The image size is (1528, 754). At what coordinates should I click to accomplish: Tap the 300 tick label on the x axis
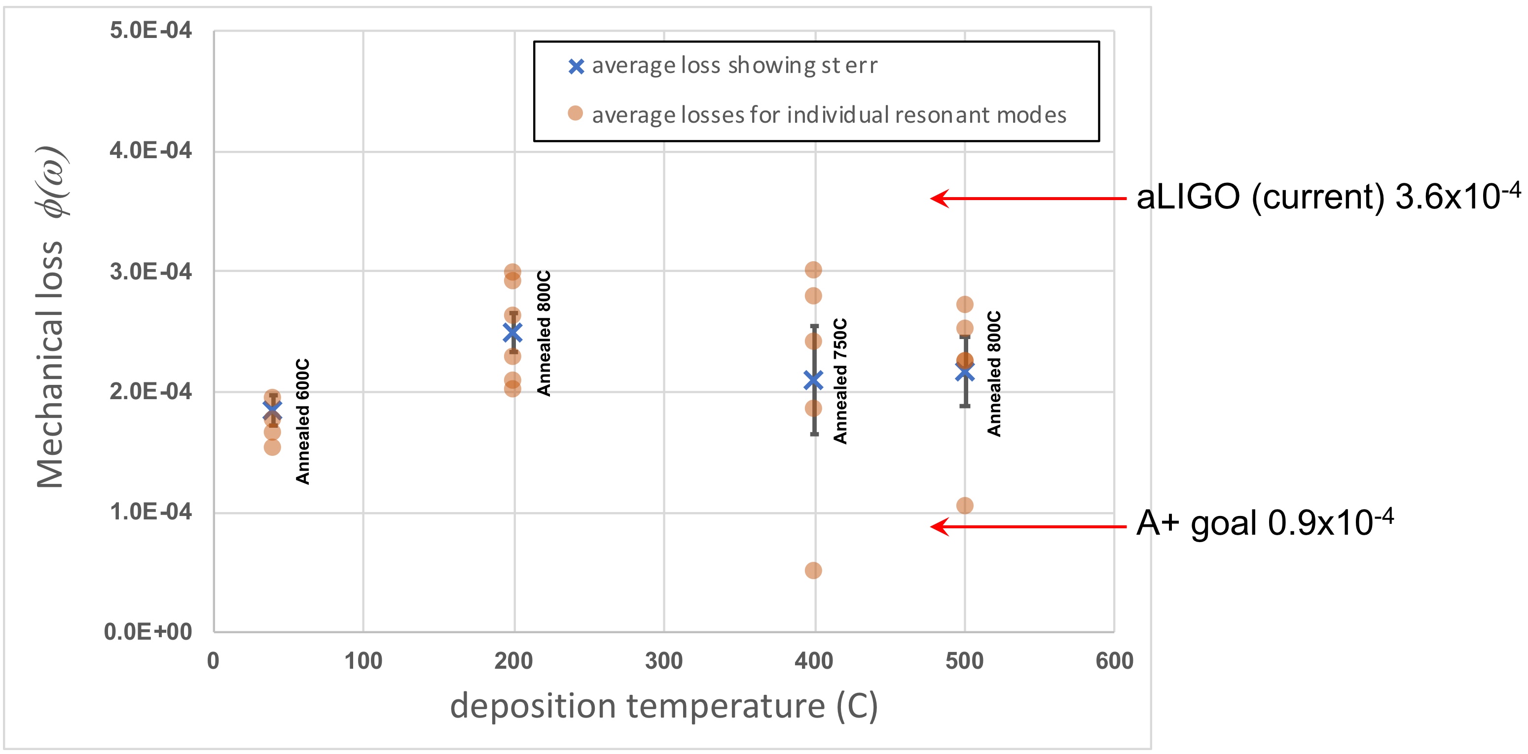(664, 661)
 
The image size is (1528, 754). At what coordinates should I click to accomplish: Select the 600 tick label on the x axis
(1114, 661)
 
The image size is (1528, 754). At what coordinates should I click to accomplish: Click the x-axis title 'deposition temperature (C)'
(664, 706)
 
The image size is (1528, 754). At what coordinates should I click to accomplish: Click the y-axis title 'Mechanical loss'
(51, 365)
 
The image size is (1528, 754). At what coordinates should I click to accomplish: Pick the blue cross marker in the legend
(576, 67)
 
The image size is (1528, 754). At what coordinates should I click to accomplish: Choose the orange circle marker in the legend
(575, 113)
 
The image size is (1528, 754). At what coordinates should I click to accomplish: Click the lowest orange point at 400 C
(813, 570)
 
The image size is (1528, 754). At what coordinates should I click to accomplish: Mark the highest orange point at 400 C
(813, 270)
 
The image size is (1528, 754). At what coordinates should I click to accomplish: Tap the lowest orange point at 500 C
(964, 506)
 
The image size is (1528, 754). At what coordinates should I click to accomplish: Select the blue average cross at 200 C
(512, 333)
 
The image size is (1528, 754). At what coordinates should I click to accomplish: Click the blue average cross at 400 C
(813, 380)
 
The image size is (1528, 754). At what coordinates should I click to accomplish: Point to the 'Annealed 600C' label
(302, 421)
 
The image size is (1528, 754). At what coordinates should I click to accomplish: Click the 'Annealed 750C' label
(840, 381)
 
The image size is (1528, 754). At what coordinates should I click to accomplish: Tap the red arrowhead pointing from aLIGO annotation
(939, 199)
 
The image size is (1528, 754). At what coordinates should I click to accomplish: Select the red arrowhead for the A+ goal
(939, 526)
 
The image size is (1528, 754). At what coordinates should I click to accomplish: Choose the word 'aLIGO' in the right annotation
(1188, 198)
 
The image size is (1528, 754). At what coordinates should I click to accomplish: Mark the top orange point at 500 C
(964, 305)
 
